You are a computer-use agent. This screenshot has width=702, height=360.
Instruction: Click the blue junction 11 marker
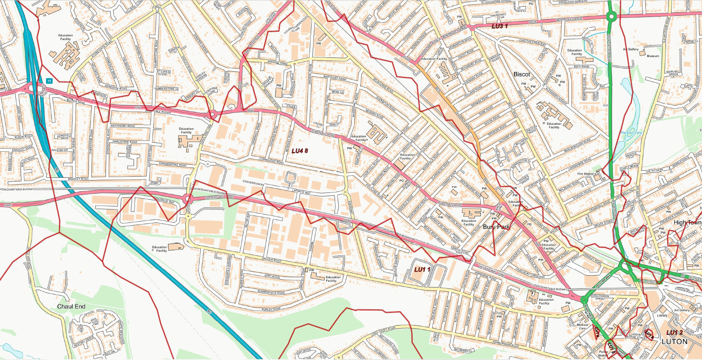pos(49,81)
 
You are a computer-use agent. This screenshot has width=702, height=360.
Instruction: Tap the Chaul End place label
pos(71,307)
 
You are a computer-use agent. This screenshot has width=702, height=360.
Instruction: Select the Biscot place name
pos(521,74)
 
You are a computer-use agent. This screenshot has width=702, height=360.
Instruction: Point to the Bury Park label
pos(496,227)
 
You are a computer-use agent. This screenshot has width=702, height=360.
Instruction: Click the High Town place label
pos(687,223)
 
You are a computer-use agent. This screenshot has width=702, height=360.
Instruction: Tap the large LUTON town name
pos(674,342)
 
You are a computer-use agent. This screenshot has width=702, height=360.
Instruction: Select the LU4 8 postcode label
pos(300,151)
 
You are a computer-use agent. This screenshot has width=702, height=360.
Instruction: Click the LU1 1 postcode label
pos(422,270)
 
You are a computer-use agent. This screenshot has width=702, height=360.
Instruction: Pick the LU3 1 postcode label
pos(499,26)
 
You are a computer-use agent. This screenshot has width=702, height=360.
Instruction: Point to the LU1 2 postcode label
pos(674,332)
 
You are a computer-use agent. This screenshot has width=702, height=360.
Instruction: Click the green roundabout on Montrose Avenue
pos(611,17)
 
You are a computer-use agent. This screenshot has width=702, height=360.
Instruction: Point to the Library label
pos(662,315)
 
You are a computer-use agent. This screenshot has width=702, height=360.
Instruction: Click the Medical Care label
pos(582,327)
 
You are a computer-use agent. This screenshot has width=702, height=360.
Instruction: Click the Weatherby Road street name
pos(122,126)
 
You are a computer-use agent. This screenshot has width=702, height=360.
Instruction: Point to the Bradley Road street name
pos(78,179)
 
